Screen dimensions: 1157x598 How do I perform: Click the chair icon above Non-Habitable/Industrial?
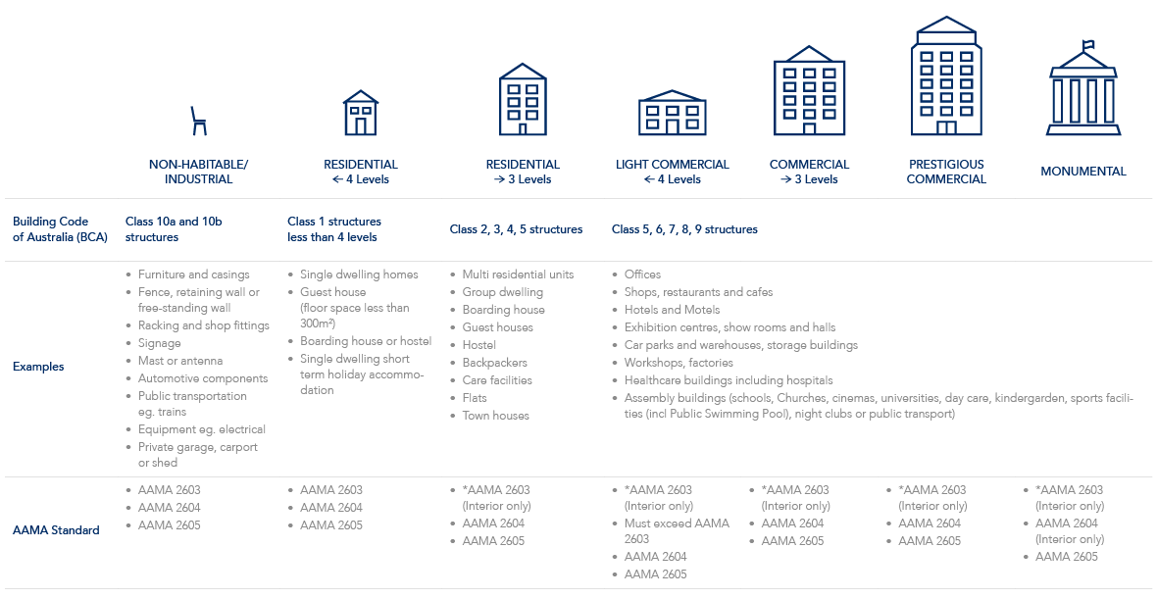[198, 121]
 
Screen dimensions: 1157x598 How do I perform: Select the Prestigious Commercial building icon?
[946, 75]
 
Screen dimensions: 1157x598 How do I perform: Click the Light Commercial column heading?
[673, 172]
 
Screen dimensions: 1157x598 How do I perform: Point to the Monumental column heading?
[1083, 172]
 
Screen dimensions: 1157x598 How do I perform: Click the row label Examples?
[38, 367]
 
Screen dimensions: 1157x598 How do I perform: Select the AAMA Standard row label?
[56, 530]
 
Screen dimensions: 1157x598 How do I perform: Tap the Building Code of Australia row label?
[60, 229]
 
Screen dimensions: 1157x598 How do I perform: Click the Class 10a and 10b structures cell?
[174, 229]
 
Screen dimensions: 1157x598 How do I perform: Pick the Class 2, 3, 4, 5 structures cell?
[516, 229]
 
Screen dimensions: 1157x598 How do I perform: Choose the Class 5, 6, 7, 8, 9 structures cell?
[684, 229]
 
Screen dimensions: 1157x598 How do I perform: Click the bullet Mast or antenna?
[180, 361]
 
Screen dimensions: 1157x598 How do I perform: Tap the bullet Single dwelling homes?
[359, 274]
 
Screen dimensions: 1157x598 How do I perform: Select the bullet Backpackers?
[494, 363]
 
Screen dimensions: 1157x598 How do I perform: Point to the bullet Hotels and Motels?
[672, 310]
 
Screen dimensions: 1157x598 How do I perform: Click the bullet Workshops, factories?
[679, 363]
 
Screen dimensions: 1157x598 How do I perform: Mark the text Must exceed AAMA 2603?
[677, 531]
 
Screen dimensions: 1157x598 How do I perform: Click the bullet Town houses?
[495, 416]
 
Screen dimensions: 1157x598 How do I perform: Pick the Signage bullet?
[159, 344]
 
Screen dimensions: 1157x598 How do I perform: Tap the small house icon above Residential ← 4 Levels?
[361, 113]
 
